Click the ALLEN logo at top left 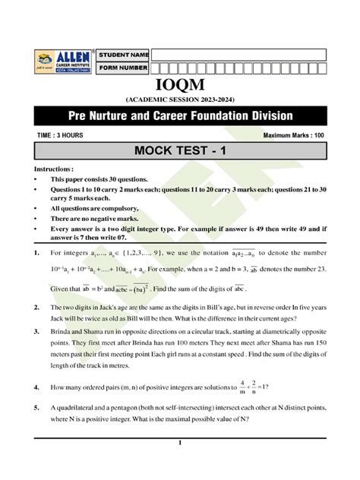coord(62,62)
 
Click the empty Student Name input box coord(238,55)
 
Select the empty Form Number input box coord(238,68)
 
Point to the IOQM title coord(179,85)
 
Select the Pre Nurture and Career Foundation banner coord(179,117)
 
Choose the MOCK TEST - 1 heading coord(179,151)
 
